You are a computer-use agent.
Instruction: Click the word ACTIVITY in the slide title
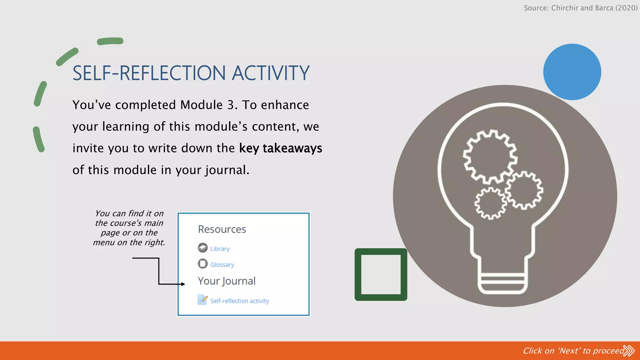(270, 73)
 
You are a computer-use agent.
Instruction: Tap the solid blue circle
(572, 72)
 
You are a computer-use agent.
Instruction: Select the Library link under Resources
(220, 249)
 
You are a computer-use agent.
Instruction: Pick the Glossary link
(222, 265)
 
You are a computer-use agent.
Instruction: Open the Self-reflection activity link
(239, 301)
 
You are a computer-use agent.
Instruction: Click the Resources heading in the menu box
(222, 229)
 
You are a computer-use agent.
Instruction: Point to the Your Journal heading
(227, 281)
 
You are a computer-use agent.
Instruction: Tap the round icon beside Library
(202, 248)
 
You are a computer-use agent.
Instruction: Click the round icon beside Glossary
(202, 264)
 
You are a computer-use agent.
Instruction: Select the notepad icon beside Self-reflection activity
(202, 300)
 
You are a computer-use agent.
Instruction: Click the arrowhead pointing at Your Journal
(183, 284)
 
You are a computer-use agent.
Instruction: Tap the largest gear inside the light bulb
(490, 156)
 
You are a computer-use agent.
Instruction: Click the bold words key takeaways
(280, 148)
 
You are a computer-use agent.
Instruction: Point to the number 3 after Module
(231, 105)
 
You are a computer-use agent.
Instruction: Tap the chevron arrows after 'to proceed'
(629, 351)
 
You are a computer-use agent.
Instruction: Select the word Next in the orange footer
(568, 351)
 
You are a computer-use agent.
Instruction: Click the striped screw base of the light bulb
(502, 283)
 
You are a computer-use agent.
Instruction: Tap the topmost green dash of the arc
(110, 41)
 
